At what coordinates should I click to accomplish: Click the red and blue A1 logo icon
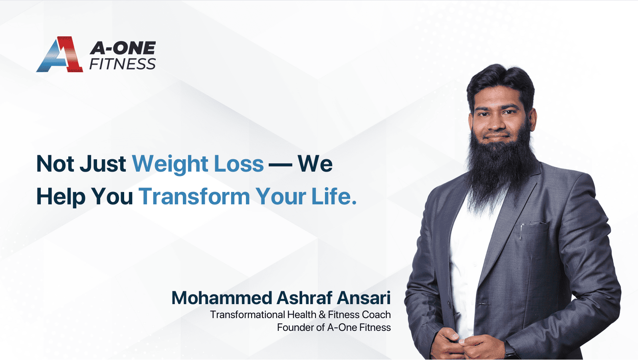coord(59,54)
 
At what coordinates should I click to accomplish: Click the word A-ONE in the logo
coord(123,47)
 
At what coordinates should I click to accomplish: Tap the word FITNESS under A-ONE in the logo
coord(123,64)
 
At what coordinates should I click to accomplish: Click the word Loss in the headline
coord(239,164)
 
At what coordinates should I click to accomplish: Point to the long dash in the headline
coord(281,164)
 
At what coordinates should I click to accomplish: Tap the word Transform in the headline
coord(194,196)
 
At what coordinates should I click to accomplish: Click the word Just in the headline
coord(103,164)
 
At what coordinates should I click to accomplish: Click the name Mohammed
coord(222,298)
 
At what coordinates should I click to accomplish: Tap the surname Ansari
coord(364,298)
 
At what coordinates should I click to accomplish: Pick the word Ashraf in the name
coord(305,298)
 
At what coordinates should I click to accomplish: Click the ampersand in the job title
coord(322,315)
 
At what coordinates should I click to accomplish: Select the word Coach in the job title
coord(376,315)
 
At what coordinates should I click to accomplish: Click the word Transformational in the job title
coord(248,315)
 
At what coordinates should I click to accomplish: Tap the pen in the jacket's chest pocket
coord(521,231)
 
